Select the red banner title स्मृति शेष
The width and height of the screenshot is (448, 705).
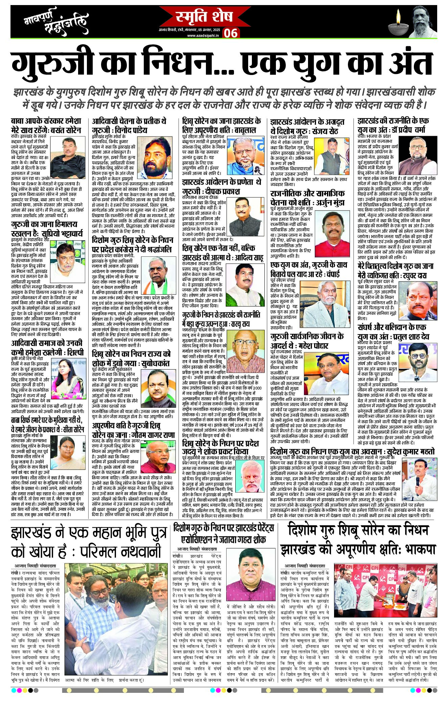point(204,16)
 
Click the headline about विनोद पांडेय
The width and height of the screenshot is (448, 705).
point(129,125)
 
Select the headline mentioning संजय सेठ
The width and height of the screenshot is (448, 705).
point(307,126)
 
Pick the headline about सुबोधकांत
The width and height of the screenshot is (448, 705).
point(132,358)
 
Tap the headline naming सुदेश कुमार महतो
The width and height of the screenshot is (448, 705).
point(352,451)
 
